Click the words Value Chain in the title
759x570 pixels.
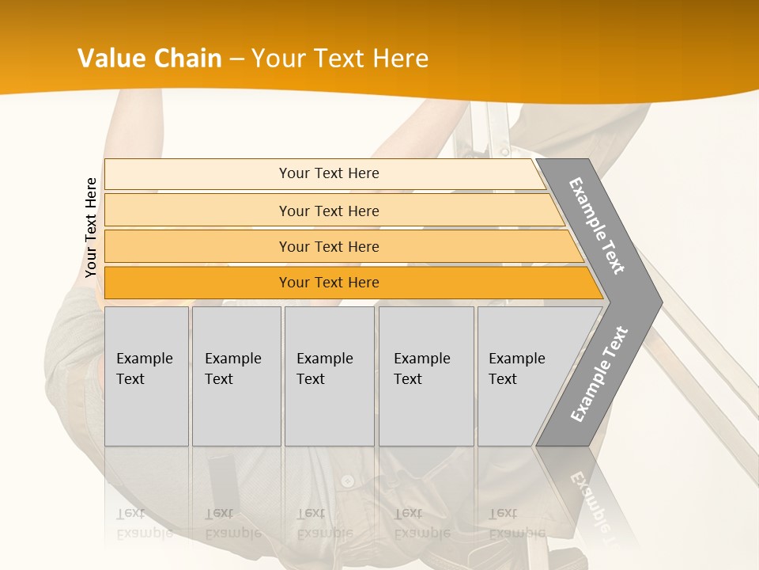(149, 59)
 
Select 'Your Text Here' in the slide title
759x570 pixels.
(340, 59)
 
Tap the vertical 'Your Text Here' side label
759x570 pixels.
(91, 227)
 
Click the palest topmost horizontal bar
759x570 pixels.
(328, 173)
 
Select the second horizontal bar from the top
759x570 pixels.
(328, 211)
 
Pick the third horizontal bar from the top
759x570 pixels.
(328, 246)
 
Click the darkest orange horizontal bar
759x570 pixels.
(328, 283)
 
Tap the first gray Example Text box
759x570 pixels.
(146, 375)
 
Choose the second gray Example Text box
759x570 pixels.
(236, 375)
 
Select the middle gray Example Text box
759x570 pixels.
(328, 375)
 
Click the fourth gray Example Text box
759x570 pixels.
(425, 375)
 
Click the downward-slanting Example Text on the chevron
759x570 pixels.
(597, 226)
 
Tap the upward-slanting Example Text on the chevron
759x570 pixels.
(599, 374)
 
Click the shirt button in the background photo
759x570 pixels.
(346, 481)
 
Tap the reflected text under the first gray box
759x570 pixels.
(144, 523)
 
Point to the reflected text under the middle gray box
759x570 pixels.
(324, 523)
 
